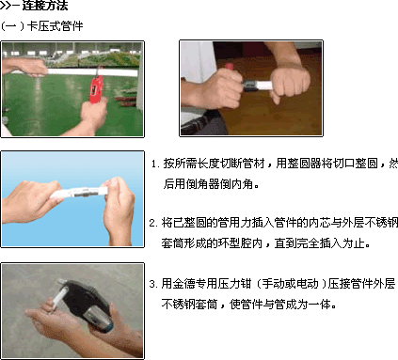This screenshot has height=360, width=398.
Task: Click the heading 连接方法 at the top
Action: pos(45,6)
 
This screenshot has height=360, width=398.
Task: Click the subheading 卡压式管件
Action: pos(55,26)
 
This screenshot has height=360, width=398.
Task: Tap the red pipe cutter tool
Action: pos(96,88)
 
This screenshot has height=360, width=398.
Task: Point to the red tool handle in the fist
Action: pos(229,66)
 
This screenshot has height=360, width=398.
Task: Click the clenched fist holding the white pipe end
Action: pos(290,83)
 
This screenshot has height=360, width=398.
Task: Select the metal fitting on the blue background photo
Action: pos(81,192)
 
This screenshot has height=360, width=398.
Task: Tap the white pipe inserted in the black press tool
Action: pos(59,297)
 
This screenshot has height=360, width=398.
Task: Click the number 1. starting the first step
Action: pos(155,164)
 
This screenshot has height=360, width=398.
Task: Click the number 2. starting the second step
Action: pos(153,223)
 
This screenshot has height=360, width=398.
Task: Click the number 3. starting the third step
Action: pos(153,284)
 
